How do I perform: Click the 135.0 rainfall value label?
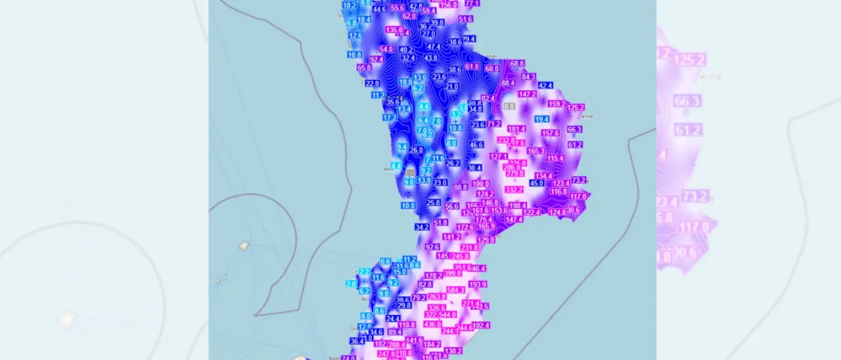click(x=394, y=30)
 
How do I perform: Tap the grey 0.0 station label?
click(x=509, y=106)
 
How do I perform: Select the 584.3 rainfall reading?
click(x=455, y=290)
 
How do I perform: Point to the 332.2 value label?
click(x=514, y=190)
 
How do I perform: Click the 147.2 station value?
click(x=528, y=94)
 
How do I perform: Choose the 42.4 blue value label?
click(x=545, y=85)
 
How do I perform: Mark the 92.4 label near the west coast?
click(x=376, y=59)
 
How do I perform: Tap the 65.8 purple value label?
click(x=364, y=68)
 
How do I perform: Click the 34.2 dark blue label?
click(x=422, y=227)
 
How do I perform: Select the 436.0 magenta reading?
click(x=432, y=325)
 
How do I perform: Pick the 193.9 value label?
click(x=478, y=284)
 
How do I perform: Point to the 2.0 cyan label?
click(x=352, y=284)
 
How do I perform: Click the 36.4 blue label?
click(x=357, y=341)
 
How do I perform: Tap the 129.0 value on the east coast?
click(x=486, y=240)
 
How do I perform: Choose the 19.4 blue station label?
click(x=541, y=119)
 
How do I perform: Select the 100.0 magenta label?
click(x=480, y=184)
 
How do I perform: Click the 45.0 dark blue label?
click(x=537, y=183)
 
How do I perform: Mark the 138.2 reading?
click(x=453, y=351)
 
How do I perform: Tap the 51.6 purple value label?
click(x=466, y=20)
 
